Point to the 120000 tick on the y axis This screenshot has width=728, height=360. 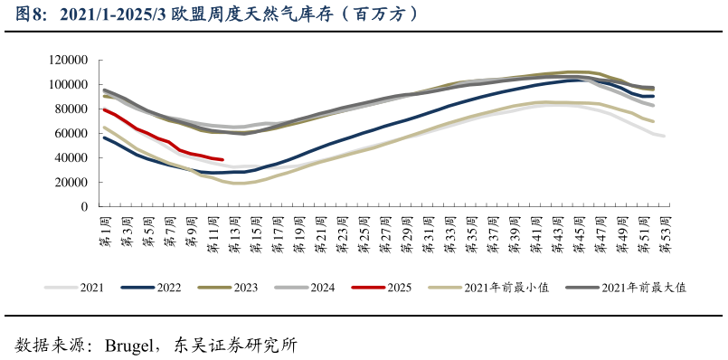click(68, 61)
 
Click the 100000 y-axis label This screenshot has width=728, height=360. click(68, 85)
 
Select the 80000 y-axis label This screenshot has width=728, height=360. click(71, 109)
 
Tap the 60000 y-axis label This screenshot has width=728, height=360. click(71, 134)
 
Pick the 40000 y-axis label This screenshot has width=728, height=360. click(71, 158)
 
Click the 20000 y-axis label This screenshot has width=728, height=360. click(71, 183)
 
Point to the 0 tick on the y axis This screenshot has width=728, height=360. click(83, 207)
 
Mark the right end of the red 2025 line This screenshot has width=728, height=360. click(222, 159)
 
